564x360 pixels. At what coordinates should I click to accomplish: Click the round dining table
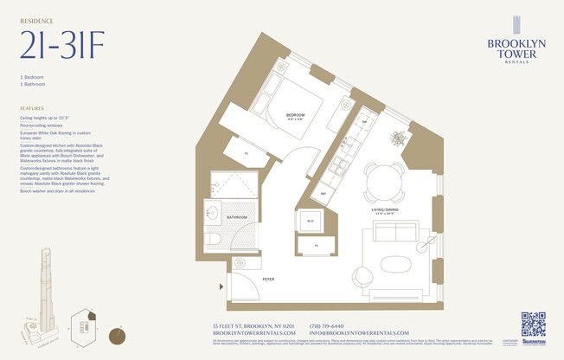point(382,183)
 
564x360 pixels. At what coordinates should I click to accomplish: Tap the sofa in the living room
point(397,232)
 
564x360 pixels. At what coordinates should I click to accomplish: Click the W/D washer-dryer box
point(309,222)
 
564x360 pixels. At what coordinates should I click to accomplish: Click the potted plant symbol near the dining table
point(399,138)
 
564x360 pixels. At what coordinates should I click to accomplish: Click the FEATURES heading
point(32,108)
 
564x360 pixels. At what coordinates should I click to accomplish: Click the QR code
point(533,324)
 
